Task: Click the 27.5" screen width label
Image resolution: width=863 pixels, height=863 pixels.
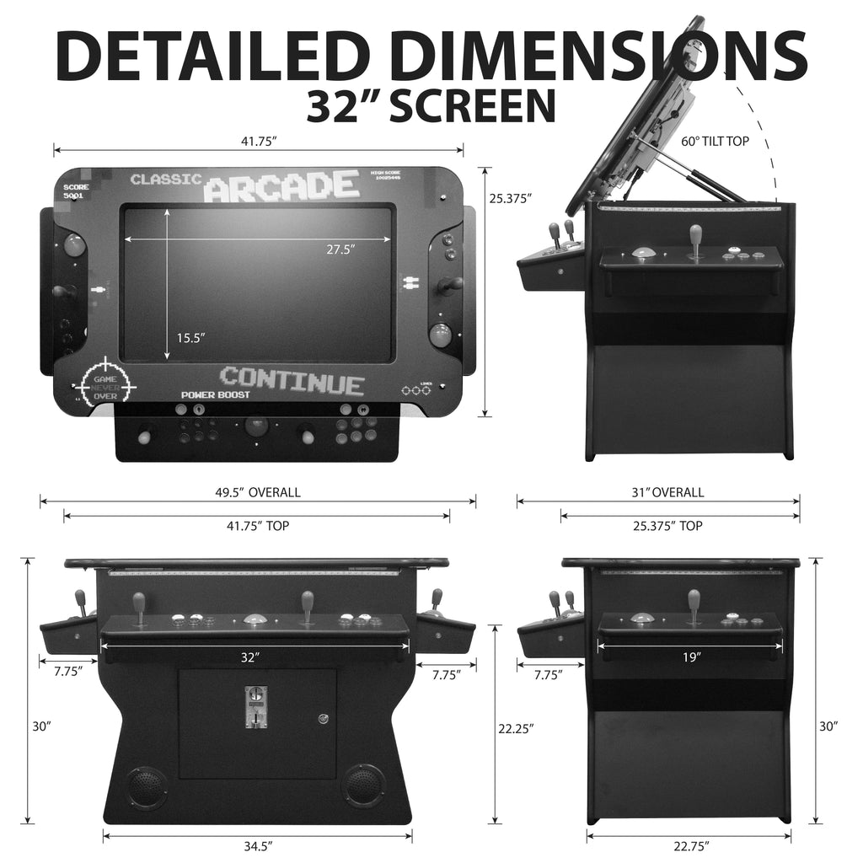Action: coord(340,249)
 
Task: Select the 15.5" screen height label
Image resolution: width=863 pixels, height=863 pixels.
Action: coord(190,337)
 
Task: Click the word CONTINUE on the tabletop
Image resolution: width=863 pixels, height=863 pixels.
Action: coord(292,381)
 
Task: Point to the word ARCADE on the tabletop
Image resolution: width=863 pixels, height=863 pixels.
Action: coord(281,186)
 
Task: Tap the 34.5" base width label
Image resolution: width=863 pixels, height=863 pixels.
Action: coord(257,844)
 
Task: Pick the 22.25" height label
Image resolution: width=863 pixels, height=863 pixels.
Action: coord(515,726)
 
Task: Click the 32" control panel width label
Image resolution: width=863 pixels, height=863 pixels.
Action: coord(248,657)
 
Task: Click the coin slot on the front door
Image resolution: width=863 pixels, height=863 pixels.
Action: coord(251,706)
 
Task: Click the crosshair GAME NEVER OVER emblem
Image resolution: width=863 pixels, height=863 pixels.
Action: coord(105,383)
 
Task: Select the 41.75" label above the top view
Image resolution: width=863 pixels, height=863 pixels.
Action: coord(259,142)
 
